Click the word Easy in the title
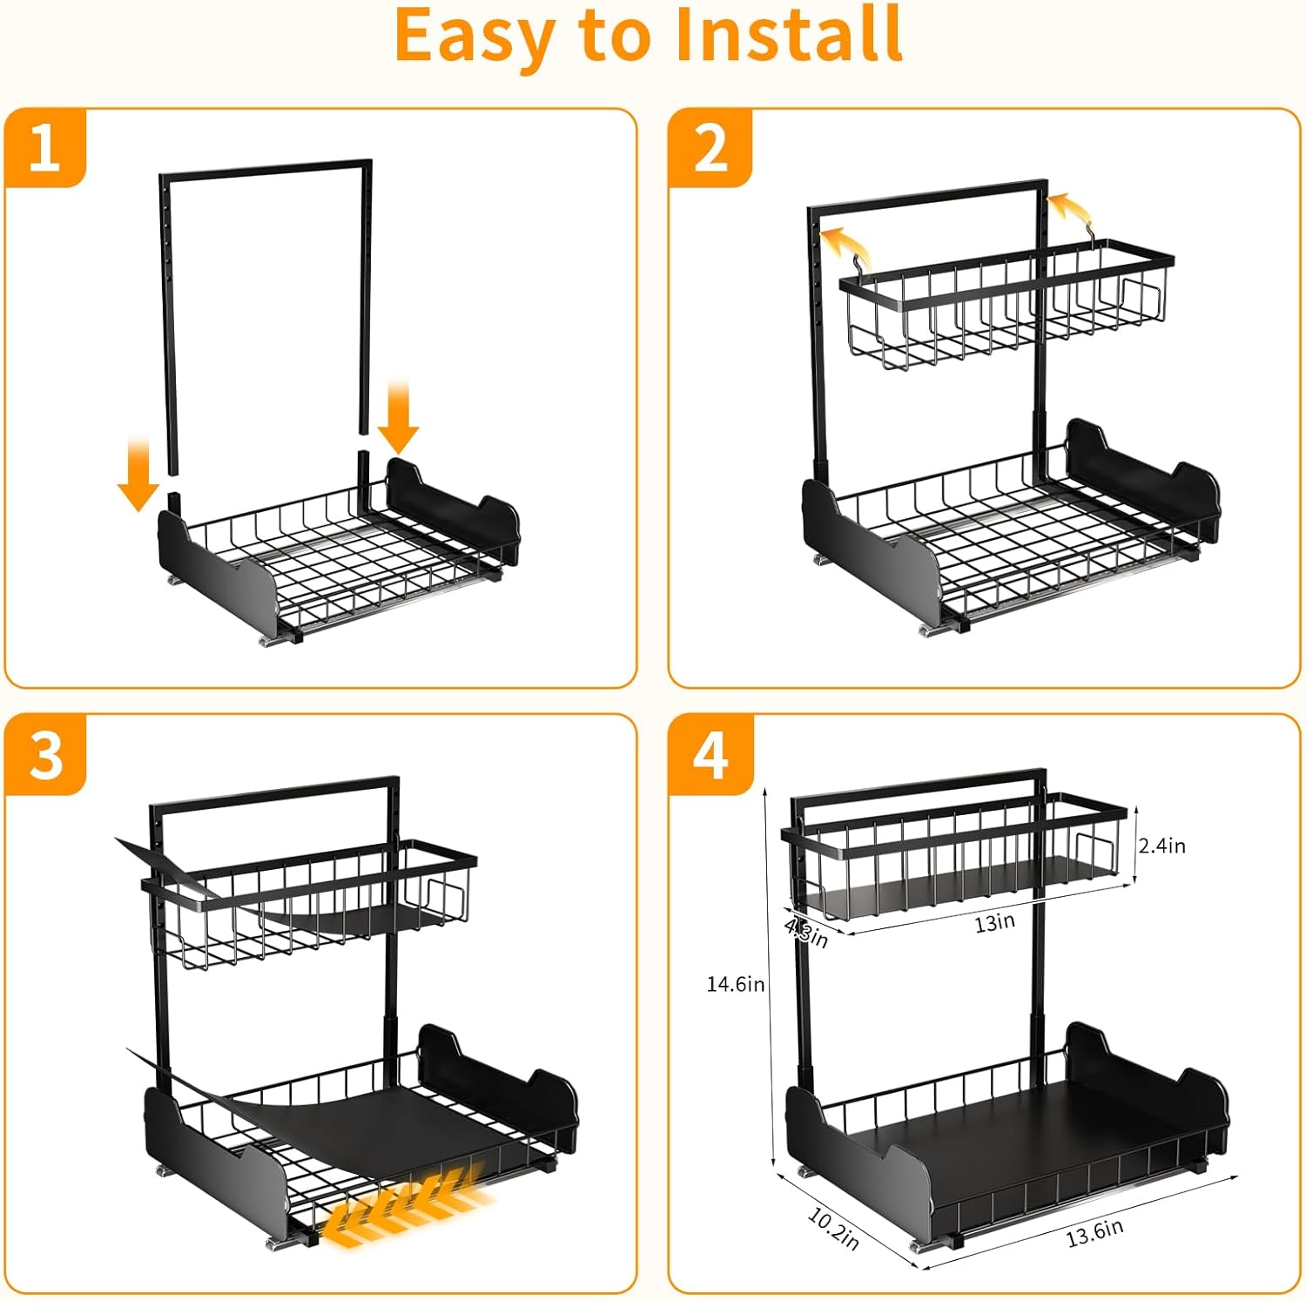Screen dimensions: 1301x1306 pyautogui.click(x=475, y=37)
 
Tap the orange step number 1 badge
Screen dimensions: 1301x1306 pyautogui.click(x=45, y=148)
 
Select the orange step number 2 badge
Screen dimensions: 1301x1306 pyautogui.click(x=710, y=148)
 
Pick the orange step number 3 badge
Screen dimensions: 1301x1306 pyautogui.click(x=45, y=754)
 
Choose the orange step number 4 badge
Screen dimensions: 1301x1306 pyautogui.click(x=710, y=754)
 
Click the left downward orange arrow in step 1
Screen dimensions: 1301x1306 pyautogui.click(x=138, y=475)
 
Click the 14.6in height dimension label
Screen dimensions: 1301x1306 pyautogui.click(x=735, y=984)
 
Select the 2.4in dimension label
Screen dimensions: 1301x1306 pyautogui.click(x=1162, y=846)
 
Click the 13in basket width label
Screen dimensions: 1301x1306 pyautogui.click(x=994, y=923)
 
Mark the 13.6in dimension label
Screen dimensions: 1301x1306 pyautogui.click(x=1094, y=1232)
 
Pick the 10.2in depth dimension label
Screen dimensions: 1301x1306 pyautogui.click(x=833, y=1229)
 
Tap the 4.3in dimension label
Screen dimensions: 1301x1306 pyautogui.click(x=806, y=933)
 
